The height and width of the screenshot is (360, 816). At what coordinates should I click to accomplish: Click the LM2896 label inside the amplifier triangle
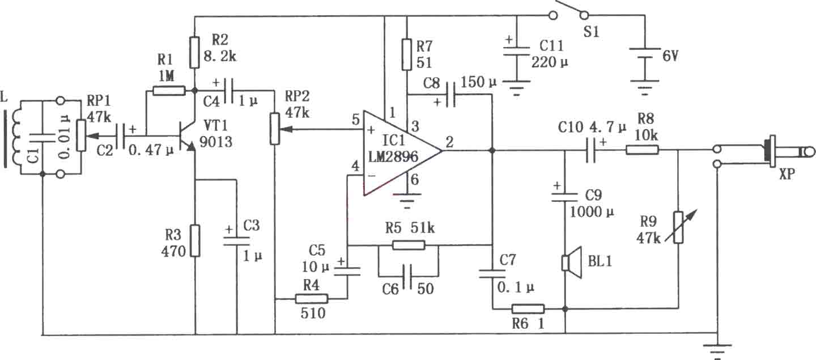(x=393, y=157)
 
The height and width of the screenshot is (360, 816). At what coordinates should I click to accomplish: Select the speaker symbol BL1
(x=571, y=262)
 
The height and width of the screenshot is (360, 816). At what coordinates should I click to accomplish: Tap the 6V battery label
(x=670, y=56)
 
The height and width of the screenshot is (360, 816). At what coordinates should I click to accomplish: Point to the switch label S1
(x=591, y=32)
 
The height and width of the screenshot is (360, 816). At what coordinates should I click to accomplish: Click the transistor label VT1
(x=216, y=126)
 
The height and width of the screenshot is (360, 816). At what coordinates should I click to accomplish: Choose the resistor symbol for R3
(x=195, y=241)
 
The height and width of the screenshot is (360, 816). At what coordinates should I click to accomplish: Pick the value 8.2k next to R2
(x=220, y=56)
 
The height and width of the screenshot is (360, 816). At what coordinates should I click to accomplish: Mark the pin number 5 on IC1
(x=356, y=120)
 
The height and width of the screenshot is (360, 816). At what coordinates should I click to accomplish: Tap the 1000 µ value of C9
(x=592, y=211)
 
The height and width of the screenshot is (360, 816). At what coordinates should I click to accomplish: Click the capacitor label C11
(x=551, y=46)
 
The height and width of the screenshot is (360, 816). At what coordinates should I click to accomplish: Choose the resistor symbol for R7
(x=407, y=54)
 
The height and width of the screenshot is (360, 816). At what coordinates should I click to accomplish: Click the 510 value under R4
(x=313, y=313)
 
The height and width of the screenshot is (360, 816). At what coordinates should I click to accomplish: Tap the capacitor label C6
(x=390, y=289)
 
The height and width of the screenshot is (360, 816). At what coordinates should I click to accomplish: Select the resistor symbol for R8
(x=642, y=150)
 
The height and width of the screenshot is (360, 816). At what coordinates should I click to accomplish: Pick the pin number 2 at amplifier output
(x=449, y=142)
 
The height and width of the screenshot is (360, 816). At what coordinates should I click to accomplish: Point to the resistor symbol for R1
(x=169, y=90)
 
